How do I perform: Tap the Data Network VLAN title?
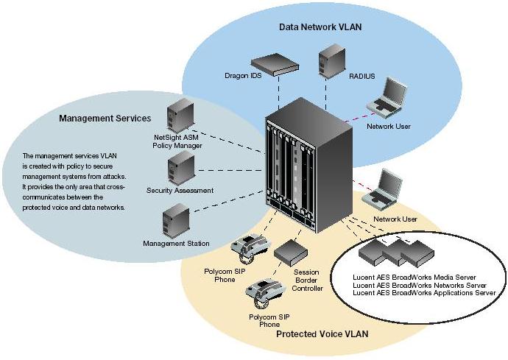click(x=320, y=27)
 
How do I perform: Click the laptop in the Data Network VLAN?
click(x=389, y=97)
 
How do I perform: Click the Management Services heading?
click(x=105, y=118)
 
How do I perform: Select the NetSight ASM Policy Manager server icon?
click(x=178, y=116)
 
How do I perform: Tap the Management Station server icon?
click(x=174, y=220)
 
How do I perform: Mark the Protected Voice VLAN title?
click(x=322, y=334)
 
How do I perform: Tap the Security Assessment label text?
click(x=180, y=191)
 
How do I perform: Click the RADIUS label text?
click(x=361, y=76)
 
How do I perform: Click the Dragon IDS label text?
click(x=243, y=75)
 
